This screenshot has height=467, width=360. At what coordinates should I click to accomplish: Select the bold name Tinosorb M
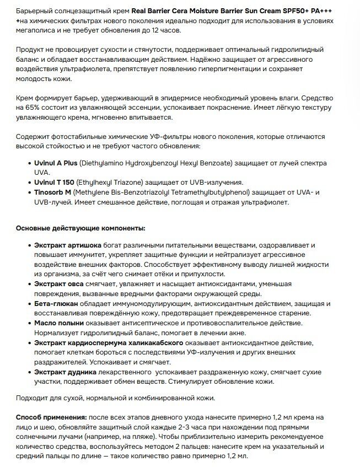[x=53, y=192]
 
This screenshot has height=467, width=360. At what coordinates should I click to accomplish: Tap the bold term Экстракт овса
[x=58, y=283]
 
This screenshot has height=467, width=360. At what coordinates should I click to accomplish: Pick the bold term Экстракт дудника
[x=66, y=372]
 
